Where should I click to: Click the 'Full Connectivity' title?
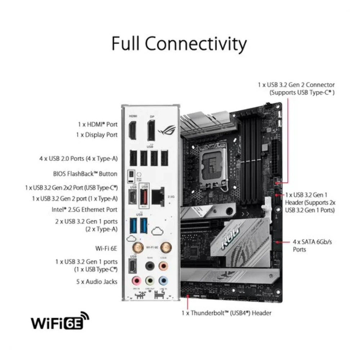tap(179, 44)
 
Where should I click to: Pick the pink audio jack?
tap(136, 280)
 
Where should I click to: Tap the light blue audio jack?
tap(163, 280)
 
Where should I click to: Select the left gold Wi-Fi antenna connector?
tap(137, 247)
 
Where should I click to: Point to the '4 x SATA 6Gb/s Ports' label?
tap(307, 246)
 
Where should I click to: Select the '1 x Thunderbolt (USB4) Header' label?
tap(226, 313)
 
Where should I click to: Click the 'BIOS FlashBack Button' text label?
tap(85, 174)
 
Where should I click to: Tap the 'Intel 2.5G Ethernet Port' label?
tap(84, 209)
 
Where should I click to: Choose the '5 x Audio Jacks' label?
tap(96, 282)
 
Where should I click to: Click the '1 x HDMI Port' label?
tap(98, 124)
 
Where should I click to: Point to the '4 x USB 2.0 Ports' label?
tap(78, 158)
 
